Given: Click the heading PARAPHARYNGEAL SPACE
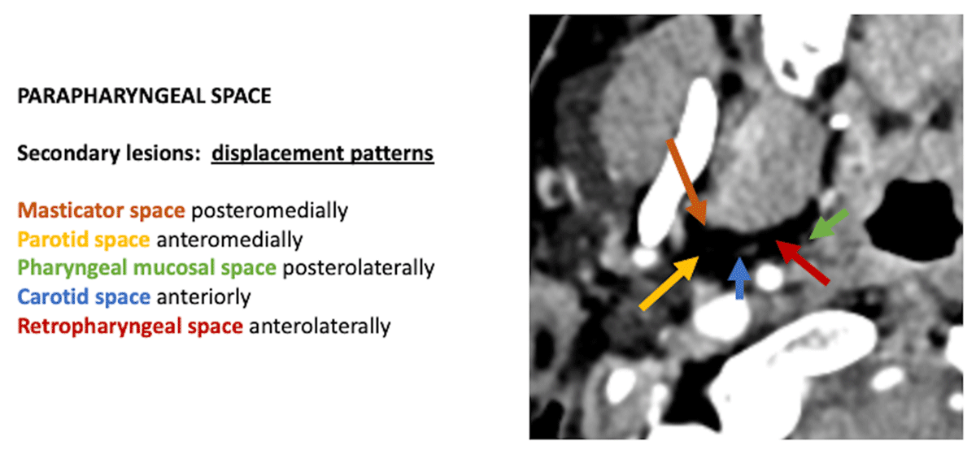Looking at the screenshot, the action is [x=144, y=96].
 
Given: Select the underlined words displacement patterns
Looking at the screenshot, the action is [x=322, y=153].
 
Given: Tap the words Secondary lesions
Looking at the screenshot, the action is [x=109, y=153].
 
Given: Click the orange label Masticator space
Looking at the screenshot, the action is [x=101, y=210].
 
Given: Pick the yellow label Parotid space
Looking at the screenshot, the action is [x=84, y=240].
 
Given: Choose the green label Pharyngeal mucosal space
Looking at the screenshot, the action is [x=147, y=268].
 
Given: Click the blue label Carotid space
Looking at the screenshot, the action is [x=84, y=297].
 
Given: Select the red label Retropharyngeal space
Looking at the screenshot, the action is [x=130, y=326].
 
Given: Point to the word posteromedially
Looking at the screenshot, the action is [x=270, y=210].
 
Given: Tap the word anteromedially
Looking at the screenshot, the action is [x=229, y=240].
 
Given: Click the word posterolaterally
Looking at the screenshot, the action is [x=359, y=268].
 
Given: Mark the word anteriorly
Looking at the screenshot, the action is [x=203, y=297].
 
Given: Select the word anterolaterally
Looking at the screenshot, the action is [x=320, y=326].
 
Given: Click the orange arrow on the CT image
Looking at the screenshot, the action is [x=686, y=181].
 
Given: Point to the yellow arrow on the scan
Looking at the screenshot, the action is [x=669, y=283].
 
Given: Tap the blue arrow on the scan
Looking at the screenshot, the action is [x=739, y=278].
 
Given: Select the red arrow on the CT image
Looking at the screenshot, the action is [x=803, y=262].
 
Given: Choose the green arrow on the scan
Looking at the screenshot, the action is [x=829, y=224].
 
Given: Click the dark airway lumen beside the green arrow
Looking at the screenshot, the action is [x=912, y=220].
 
